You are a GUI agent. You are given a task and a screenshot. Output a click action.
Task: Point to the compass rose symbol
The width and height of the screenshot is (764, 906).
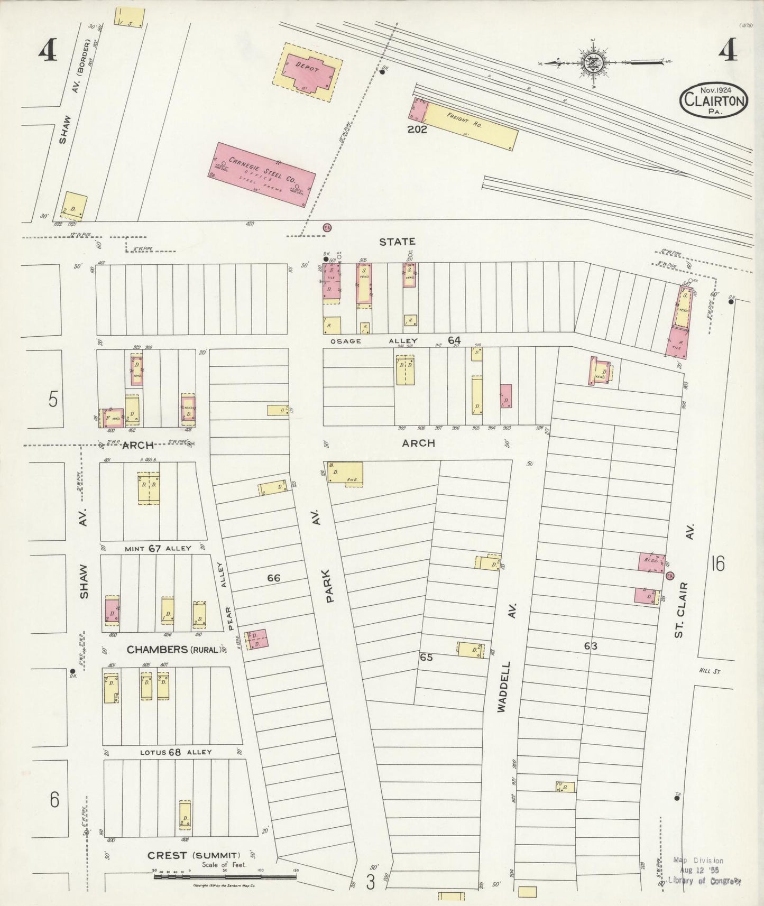click(x=591, y=63)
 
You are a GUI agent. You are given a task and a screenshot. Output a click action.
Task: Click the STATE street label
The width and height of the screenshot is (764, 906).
click(x=397, y=242)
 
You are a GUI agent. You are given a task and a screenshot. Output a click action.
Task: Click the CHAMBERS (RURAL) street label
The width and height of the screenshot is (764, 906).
click(x=174, y=649)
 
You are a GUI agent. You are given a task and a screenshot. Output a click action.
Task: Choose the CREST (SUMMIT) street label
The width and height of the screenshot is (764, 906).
click(x=194, y=855)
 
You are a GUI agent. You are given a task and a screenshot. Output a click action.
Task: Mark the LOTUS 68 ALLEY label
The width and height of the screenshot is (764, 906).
click(x=176, y=752)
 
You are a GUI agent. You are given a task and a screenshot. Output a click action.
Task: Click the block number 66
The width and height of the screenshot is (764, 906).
click(x=273, y=578)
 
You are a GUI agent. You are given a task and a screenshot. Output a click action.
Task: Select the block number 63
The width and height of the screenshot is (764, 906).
click(x=591, y=645)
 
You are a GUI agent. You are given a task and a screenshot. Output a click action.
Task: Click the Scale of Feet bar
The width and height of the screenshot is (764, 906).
click(x=224, y=876)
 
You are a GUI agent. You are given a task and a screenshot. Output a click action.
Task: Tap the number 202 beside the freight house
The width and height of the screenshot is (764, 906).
click(x=417, y=128)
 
